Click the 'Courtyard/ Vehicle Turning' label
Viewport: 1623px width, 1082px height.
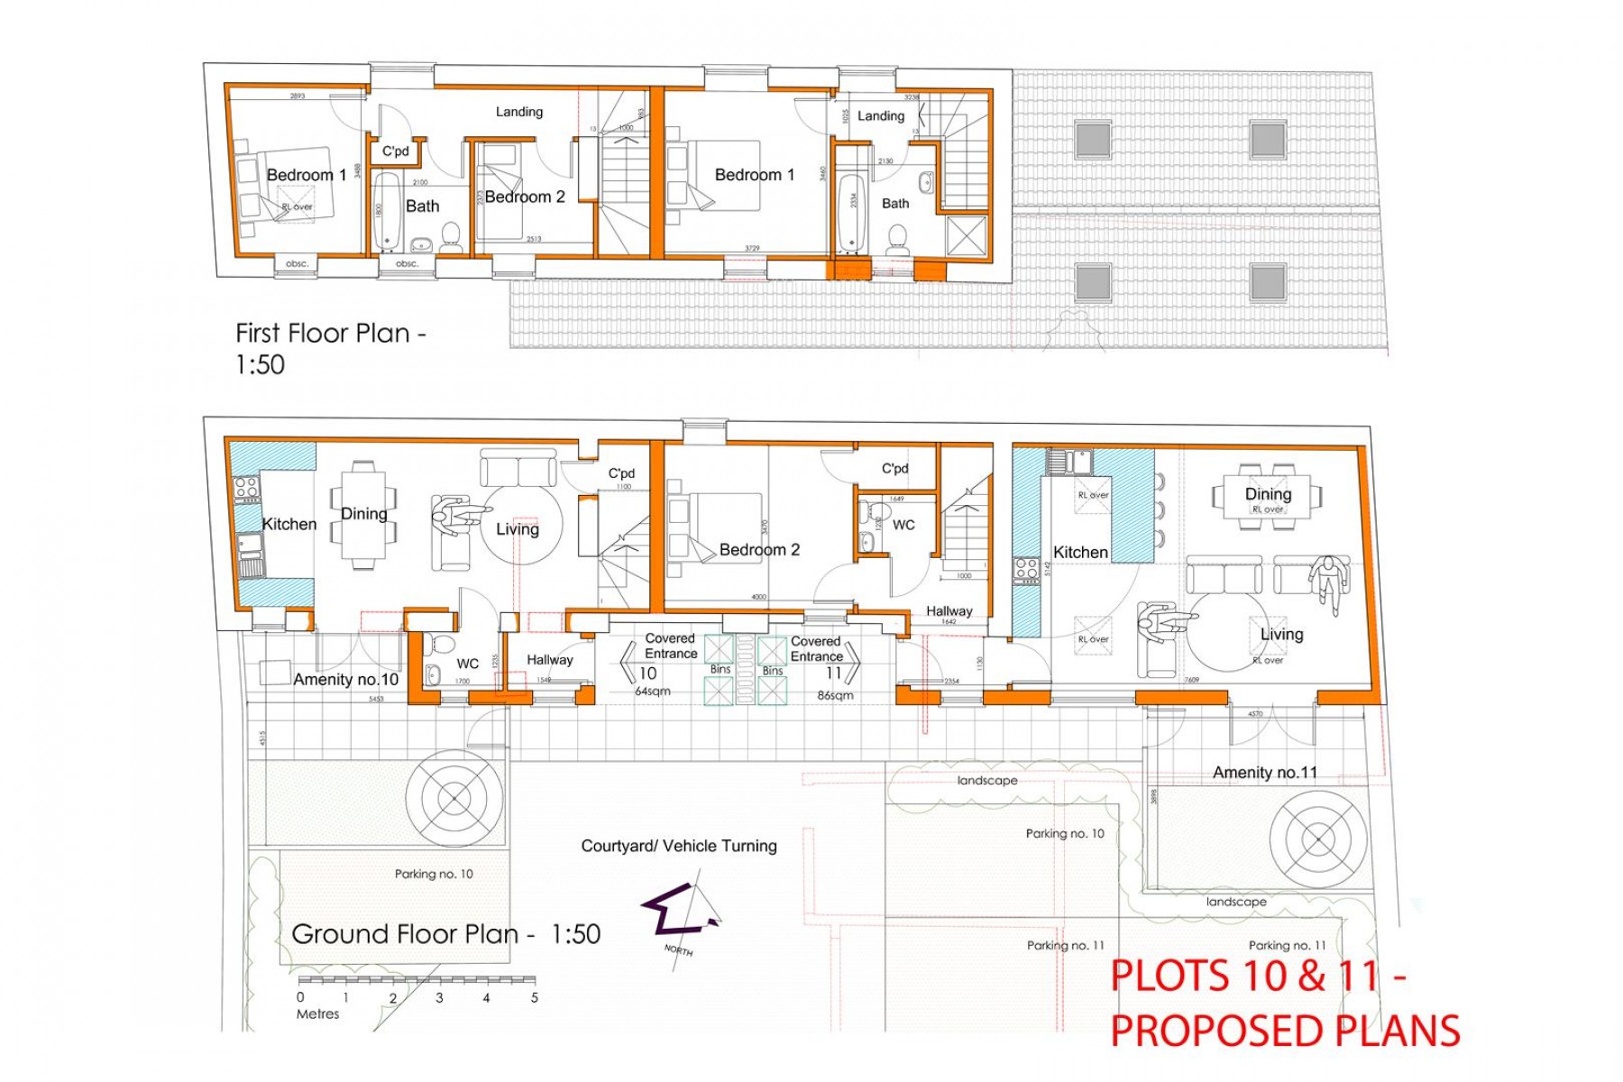(x=678, y=846)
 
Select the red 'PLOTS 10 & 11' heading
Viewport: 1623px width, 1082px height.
(x=1258, y=977)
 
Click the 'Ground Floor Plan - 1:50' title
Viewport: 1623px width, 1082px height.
(x=445, y=934)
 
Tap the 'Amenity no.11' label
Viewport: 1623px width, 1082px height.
(x=1264, y=773)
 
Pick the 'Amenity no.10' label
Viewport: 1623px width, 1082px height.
(x=345, y=680)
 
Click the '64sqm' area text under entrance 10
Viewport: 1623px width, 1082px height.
(x=653, y=692)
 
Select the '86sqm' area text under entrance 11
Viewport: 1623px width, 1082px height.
(x=835, y=695)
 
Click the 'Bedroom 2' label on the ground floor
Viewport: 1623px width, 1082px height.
(x=759, y=550)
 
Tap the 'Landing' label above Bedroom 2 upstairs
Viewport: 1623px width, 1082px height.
(x=518, y=112)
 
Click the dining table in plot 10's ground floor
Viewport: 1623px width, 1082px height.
(x=363, y=515)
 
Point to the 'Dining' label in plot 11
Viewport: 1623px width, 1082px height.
(x=1268, y=494)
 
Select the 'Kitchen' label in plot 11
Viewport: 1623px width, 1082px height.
(x=1080, y=552)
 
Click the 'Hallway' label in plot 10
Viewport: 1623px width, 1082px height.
(x=549, y=660)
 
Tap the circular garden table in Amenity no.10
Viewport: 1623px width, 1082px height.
(x=454, y=798)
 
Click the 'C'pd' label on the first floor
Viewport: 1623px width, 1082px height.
(x=395, y=151)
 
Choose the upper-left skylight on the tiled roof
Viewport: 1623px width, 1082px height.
(x=1093, y=140)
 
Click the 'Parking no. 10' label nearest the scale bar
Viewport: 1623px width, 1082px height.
(x=434, y=874)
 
